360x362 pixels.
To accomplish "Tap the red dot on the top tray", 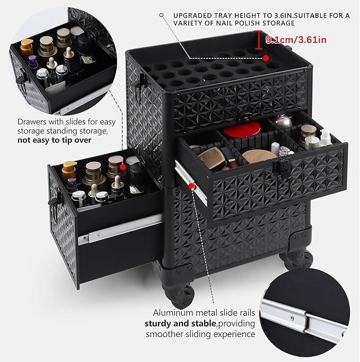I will coord(266,57).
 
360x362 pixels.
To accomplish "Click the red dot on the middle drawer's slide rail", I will coord(190,186).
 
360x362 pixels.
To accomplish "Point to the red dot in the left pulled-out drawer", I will coord(122,167).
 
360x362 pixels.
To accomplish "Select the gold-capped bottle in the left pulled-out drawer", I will coord(69,170).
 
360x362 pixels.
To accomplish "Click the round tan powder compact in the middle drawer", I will coord(259,156).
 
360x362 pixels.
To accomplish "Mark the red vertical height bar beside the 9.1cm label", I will coord(258,39).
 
